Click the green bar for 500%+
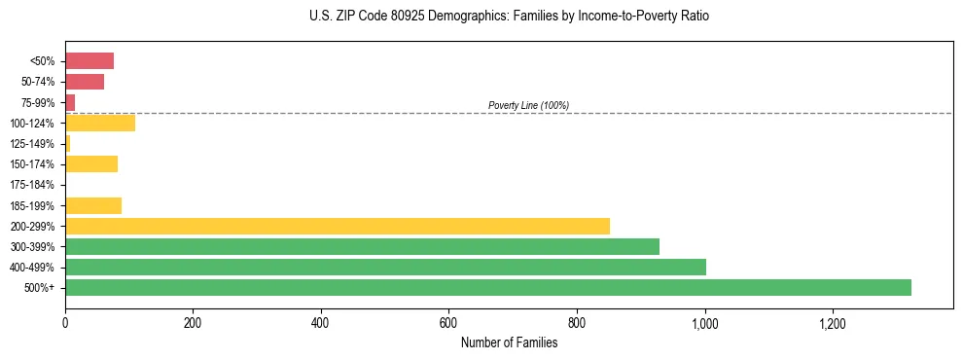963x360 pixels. click(487, 287)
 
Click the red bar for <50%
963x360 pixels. click(89, 61)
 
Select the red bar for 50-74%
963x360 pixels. click(85, 82)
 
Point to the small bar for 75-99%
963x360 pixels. click(70, 102)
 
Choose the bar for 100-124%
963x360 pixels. click(100, 123)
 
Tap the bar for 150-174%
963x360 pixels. click(91, 163)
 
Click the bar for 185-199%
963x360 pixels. click(93, 205)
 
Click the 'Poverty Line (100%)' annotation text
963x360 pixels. click(528, 105)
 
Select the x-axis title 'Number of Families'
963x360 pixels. click(509, 342)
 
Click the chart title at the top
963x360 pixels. click(510, 17)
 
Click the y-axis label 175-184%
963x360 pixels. click(32, 185)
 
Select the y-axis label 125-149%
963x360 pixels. click(32, 144)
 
